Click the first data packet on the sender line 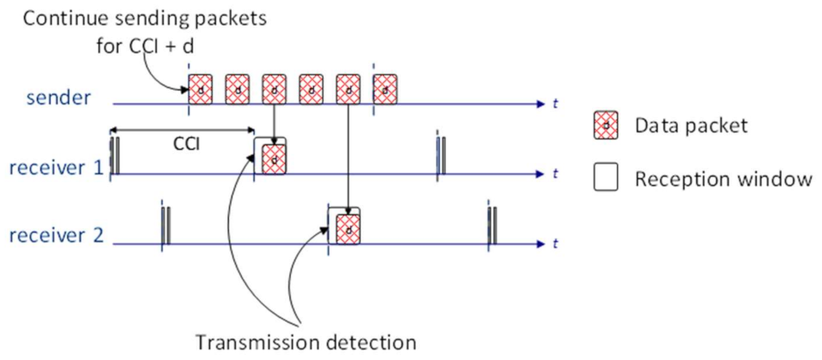(201, 88)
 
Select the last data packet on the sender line (386, 88)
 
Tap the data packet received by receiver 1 (273, 158)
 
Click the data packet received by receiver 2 (346, 228)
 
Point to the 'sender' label (59, 97)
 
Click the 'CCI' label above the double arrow (183, 144)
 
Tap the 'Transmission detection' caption (306, 342)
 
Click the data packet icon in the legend (606, 126)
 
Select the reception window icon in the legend (606, 179)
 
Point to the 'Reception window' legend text (723, 179)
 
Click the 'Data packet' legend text (691, 126)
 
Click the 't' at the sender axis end (556, 103)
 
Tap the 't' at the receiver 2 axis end (556, 244)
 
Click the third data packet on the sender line (275, 88)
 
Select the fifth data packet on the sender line (349, 88)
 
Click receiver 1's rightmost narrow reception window (440, 156)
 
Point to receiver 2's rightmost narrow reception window (491, 226)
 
